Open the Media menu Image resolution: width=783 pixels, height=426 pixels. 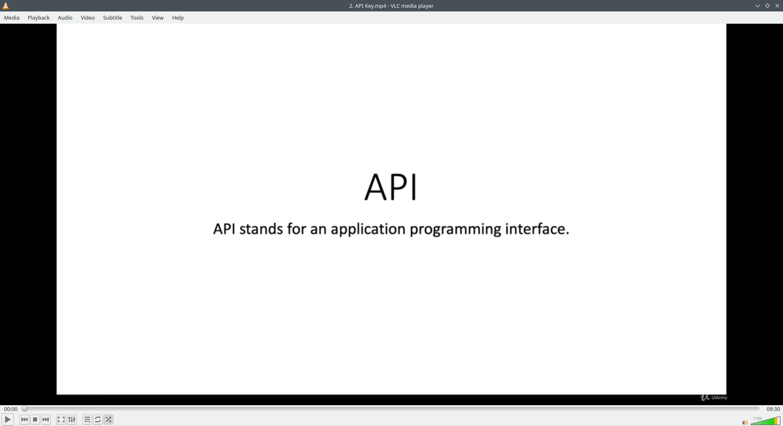pyautogui.click(x=12, y=18)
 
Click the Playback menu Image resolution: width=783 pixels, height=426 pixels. pyautogui.click(x=39, y=18)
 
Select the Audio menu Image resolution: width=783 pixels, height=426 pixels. pyautogui.click(x=65, y=18)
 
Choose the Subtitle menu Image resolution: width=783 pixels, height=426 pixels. pyautogui.click(x=113, y=18)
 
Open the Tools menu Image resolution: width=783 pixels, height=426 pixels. pyautogui.click(x=137, y=18)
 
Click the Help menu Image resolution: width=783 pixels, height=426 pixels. pyautogui.click(x=178, y=18)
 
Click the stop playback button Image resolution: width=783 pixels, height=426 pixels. pyautogui.click(x=35, y=419)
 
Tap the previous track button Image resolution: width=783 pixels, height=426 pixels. pyautogui.click(x=24, y=419)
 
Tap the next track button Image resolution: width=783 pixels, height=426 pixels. pyautogui.click(x=46, y=419)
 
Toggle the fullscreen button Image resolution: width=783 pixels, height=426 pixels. pyautogui.click(x=61, y=419)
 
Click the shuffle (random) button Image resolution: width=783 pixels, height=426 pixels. pyautogui.click(x=108, y=419)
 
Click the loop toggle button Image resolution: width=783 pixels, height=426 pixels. pyautogui.click(x=98, y=419)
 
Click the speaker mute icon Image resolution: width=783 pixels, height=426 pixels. pyautogui.click(x=745, y=423)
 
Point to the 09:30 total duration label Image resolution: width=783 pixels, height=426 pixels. pyautogui.click(x=773, y=409)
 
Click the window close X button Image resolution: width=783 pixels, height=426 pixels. pyautogui.click(x=777, y=6)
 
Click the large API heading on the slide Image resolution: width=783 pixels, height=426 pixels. pyautogui.click(x=391, y=187)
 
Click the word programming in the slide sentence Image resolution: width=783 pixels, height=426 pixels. pyautogui.click(x=455, y=230)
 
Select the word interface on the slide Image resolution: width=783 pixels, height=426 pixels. pyautogui.click(x=537, y=229)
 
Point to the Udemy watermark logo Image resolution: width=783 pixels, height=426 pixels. pyautogui.click(x=714, y=397)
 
